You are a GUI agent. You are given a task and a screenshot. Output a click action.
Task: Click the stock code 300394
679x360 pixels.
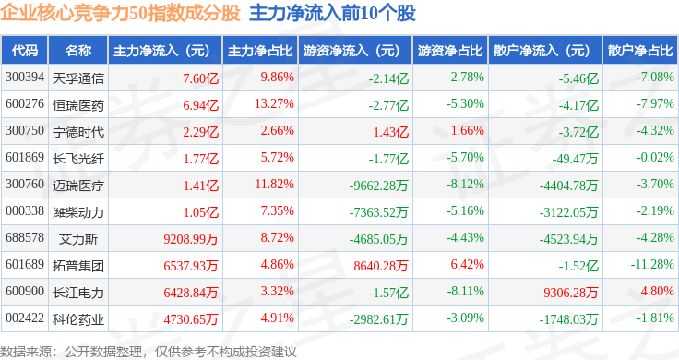[x=25, y=78]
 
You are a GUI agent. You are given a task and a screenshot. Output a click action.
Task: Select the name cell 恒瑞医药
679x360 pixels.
[x=77, y=105]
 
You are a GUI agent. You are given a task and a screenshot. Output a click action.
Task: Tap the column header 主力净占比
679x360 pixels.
[x=260, y=51]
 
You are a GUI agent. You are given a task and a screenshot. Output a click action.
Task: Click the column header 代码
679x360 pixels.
[x=25, y=51]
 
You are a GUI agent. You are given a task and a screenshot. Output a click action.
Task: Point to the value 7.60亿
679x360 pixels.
[x=200, y=78]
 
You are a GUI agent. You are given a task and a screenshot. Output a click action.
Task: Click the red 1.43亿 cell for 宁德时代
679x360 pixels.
[x=391, y=132]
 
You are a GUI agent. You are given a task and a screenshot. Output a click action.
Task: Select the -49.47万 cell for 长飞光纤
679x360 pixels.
[x=575, y=159]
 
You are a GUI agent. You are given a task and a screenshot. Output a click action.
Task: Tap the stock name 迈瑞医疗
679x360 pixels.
[x=77, y=186]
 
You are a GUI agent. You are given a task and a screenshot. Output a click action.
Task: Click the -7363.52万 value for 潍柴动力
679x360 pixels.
[x=378, y=212]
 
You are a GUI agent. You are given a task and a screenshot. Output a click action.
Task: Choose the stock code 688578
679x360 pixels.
[x=25, y=237]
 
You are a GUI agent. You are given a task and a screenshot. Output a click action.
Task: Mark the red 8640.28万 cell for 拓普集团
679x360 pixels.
[x=381, y=266]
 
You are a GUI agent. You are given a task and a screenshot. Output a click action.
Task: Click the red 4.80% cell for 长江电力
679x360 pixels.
[x=657, y=291]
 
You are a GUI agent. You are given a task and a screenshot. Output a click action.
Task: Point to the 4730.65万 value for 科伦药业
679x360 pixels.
[x=191, y=319]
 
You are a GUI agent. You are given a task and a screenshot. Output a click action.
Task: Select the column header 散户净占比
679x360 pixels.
[x=640, y=51]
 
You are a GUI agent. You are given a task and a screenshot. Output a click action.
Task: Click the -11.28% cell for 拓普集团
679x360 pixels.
[x=652, y=264]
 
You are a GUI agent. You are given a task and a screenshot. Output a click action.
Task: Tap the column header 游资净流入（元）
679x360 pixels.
[x=351, y=51]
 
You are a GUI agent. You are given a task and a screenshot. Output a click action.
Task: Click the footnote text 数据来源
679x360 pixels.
[x=26, y=352]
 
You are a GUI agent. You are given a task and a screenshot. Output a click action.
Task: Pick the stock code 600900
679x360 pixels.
[x=25, y=291]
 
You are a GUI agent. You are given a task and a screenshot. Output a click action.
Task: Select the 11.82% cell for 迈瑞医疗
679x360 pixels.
[x=274, y=184]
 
